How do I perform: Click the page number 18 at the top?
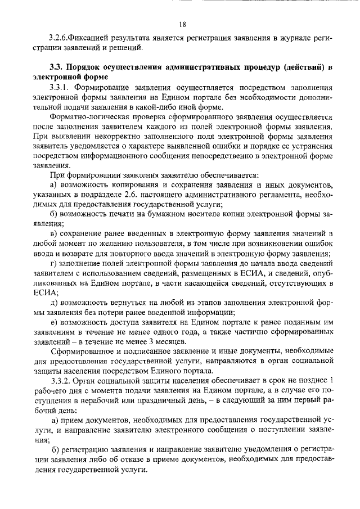[x=182, y=24]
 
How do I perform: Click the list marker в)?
[x=54, y=232]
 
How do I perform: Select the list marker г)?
[x=53, y=264]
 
